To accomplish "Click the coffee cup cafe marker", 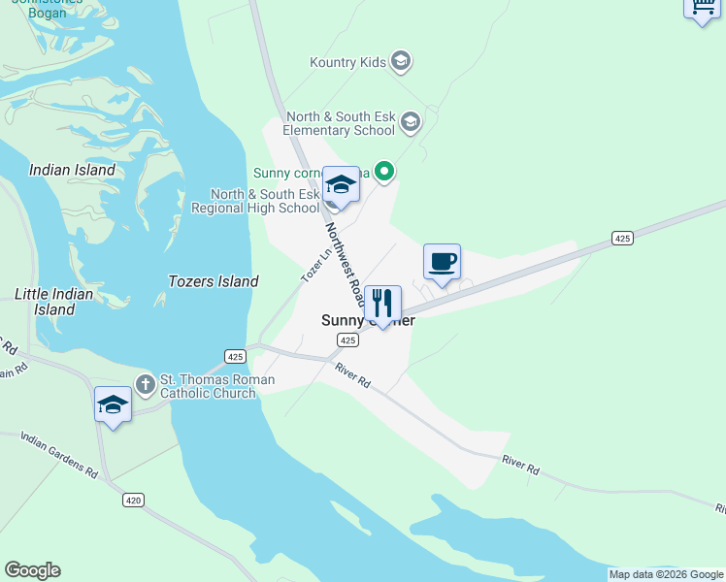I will click(442, 262).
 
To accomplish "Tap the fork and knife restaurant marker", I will click(382, 304).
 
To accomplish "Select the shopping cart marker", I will click(702, 8).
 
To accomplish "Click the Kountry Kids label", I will click(347, 63).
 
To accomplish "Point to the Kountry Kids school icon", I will click(401, 63).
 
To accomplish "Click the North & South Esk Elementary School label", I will click(339, 123).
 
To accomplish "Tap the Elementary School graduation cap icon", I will click(411, 122).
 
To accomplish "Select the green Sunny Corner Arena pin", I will click(384, 173).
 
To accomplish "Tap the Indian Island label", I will click(72, 170).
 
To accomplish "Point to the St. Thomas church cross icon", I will click(146, 385).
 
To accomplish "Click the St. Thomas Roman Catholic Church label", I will click(217, 386).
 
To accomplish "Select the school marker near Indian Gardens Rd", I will click(113, 405).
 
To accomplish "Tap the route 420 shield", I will click(134, 501).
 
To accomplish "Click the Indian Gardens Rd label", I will click(58, 457).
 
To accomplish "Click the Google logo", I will click(32, 570).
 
